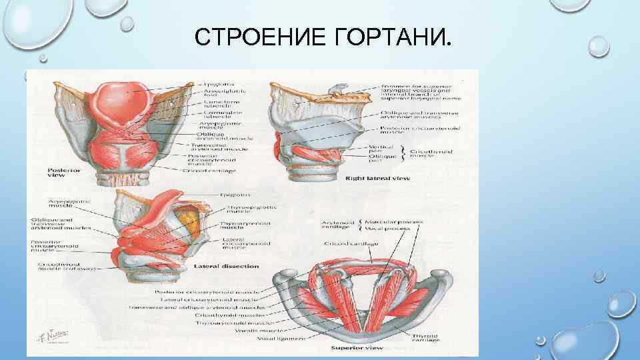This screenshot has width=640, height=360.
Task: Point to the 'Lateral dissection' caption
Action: pos(217,266)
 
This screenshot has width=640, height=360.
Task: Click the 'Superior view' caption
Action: pos(353,347)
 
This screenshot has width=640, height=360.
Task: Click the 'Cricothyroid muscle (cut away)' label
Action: pos(63,267)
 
